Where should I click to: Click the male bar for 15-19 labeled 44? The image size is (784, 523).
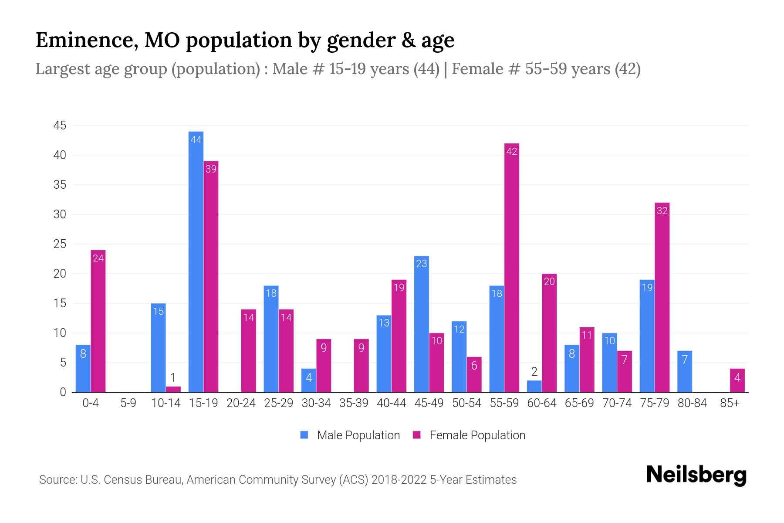click(x=196, y=261)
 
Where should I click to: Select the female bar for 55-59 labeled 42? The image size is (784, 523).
click(x=511, y=268)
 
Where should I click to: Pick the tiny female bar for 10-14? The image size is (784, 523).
click(x=173, y=389)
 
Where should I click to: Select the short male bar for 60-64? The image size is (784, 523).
click(x=534, y=386)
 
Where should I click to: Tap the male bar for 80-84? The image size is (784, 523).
click(x=685, y=371)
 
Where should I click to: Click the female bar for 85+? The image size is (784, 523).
click(x=737, y=380)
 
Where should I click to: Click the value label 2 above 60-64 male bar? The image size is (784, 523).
click(x=534, y=372)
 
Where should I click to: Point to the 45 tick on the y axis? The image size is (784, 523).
click(x=60, y=126)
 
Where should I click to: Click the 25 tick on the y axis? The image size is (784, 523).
click(x=60, y=244)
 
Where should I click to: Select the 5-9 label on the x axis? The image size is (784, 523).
click(x=128, y=403)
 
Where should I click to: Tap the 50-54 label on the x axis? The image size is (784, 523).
click(x=466, y=403)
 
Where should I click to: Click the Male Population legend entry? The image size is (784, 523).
click(x=350, y=435)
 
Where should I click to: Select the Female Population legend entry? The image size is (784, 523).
click(x=470, y=435)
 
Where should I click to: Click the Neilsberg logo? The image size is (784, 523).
click(x=696, y=475)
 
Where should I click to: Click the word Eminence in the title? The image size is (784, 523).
click(x=84, y=40)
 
